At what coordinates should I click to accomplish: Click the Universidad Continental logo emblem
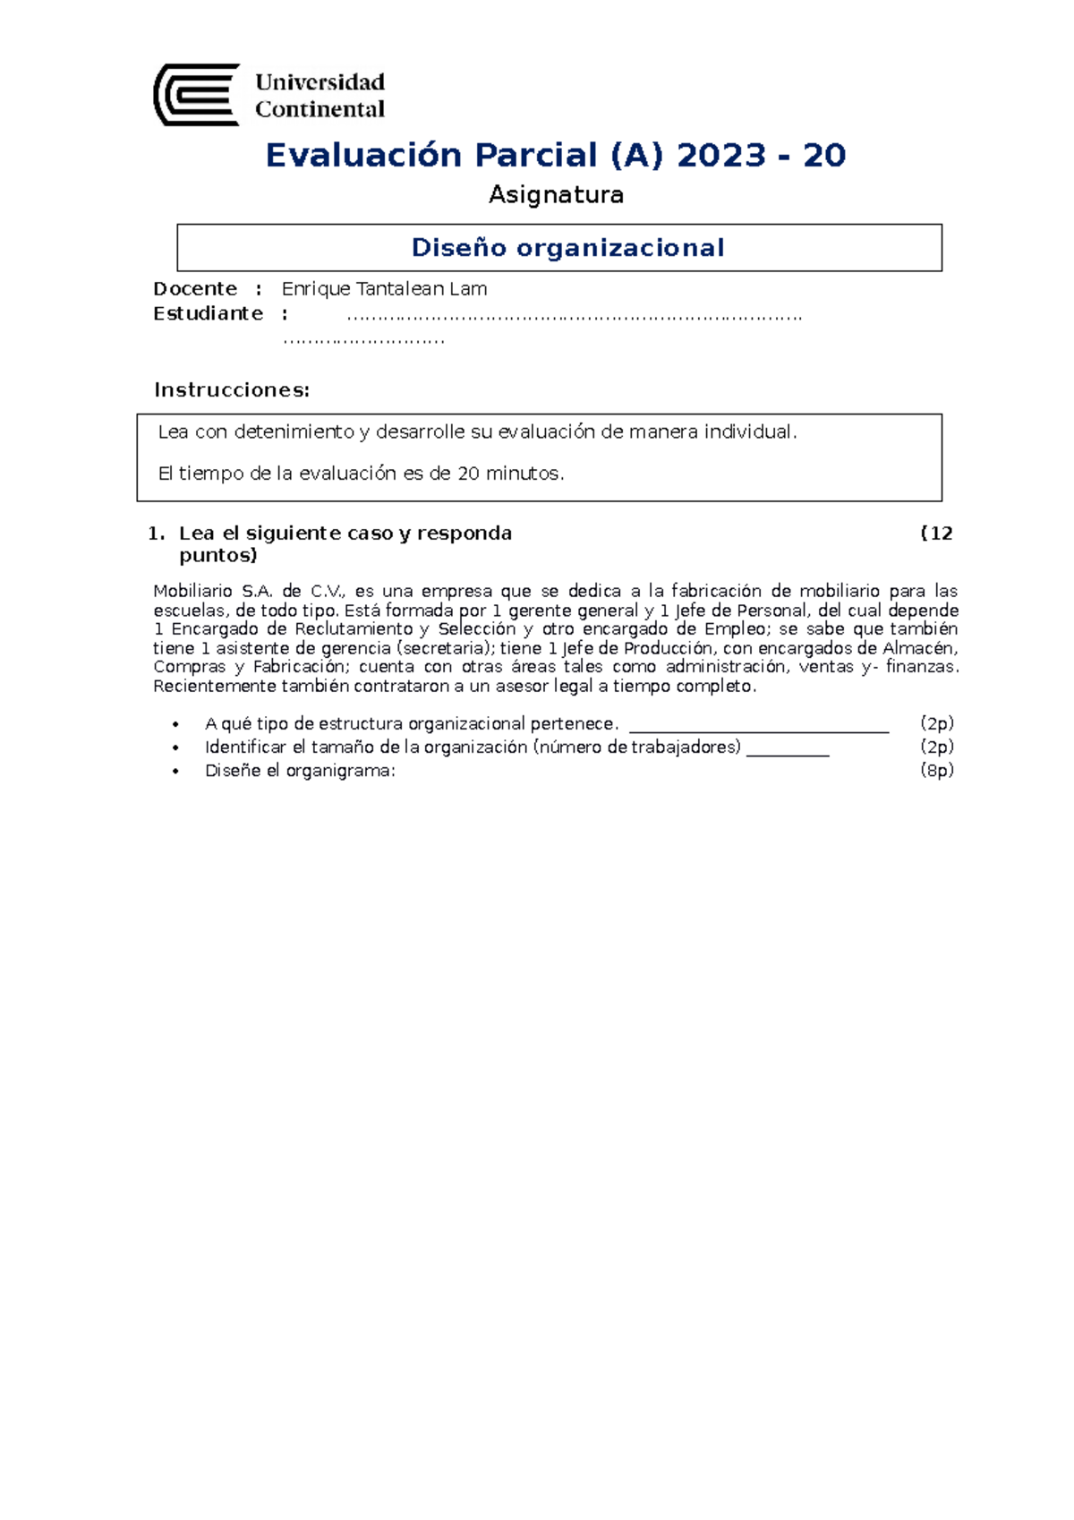click(197, 95)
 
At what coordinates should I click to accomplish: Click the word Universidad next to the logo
click(320, 82)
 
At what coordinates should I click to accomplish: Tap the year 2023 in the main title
click(721, 156)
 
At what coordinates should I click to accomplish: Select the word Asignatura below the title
click(556, 195)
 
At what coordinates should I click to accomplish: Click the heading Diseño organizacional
click(567, 248)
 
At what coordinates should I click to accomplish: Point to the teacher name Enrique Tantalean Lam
click(384, 289)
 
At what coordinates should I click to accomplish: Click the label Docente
click(195, 289)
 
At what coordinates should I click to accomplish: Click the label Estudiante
click(208, 314)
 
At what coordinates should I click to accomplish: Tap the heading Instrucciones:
click(232, 390)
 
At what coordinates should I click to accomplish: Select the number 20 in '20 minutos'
click(468, 474)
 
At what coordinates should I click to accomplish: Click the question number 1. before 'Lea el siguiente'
click(157, 534)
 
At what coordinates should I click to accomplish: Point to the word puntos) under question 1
click(217, 556)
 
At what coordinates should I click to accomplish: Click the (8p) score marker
click(937, 771)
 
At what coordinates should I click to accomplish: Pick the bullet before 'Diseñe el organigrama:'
click(175, 772)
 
